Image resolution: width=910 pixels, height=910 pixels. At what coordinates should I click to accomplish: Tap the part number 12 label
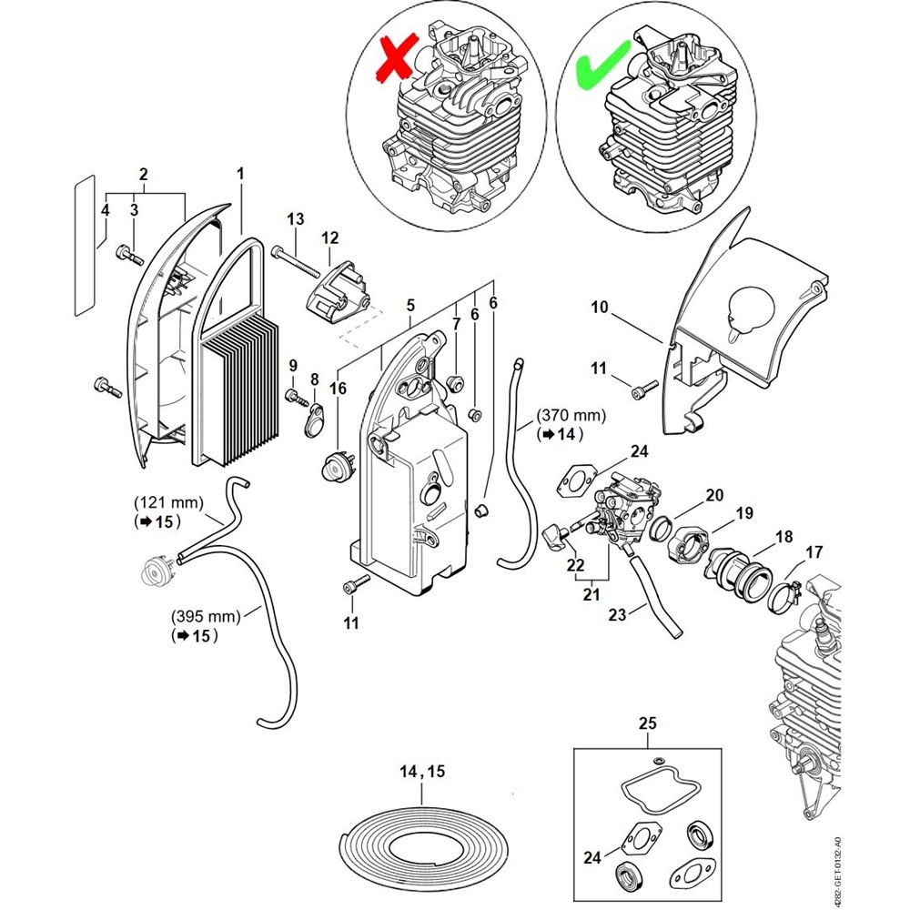[x=329, y=238]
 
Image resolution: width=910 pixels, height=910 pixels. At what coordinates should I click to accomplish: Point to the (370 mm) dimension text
[x=571, y=415]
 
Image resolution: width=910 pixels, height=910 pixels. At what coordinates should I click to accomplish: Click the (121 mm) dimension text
[x=168, y=502]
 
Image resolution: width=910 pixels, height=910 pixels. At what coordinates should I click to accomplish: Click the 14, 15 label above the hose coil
[x=422, y=771]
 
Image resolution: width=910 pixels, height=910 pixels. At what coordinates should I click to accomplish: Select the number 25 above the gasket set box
[x=647, y=724]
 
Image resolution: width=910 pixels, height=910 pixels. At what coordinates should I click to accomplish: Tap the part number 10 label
[x=599, y=308]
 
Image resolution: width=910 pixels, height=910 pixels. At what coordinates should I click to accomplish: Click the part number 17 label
[x=814, y=551]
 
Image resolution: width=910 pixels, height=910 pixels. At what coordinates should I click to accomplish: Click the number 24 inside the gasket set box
[x=592, y=857]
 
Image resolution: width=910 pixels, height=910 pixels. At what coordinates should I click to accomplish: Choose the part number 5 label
[x=410, y=305]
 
